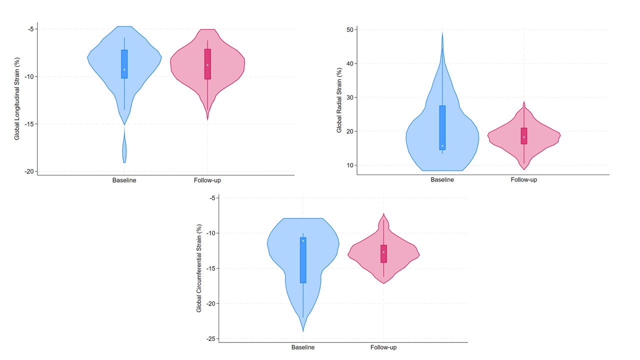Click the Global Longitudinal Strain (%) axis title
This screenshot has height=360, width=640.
click(17, 99)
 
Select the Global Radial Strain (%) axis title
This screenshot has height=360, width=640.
click(339, 100)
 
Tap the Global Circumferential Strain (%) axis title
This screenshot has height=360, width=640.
click(199, 268)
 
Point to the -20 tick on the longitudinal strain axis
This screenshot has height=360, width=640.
click(29, 171)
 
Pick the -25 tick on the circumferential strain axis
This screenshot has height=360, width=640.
click(210, 338)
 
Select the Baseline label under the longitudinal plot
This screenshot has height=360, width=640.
click(124, 180)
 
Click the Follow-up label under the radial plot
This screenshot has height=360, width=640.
click(523, 180)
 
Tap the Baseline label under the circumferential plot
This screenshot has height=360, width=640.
click(303, 347)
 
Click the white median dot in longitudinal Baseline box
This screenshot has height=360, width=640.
click(124, 69)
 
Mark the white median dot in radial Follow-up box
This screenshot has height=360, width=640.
click(524, 137)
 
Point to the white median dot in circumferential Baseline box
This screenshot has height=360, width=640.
click(303, 241)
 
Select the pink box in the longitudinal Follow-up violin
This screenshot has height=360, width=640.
click(207, 64)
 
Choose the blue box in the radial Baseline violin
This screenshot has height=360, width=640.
click(442, 127)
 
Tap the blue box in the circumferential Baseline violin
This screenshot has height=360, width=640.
click(303, 260)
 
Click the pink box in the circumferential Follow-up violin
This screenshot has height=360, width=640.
click(383, 253)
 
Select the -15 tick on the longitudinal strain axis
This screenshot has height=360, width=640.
click(29, 124)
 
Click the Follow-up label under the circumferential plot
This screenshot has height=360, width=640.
click(383, 347)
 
